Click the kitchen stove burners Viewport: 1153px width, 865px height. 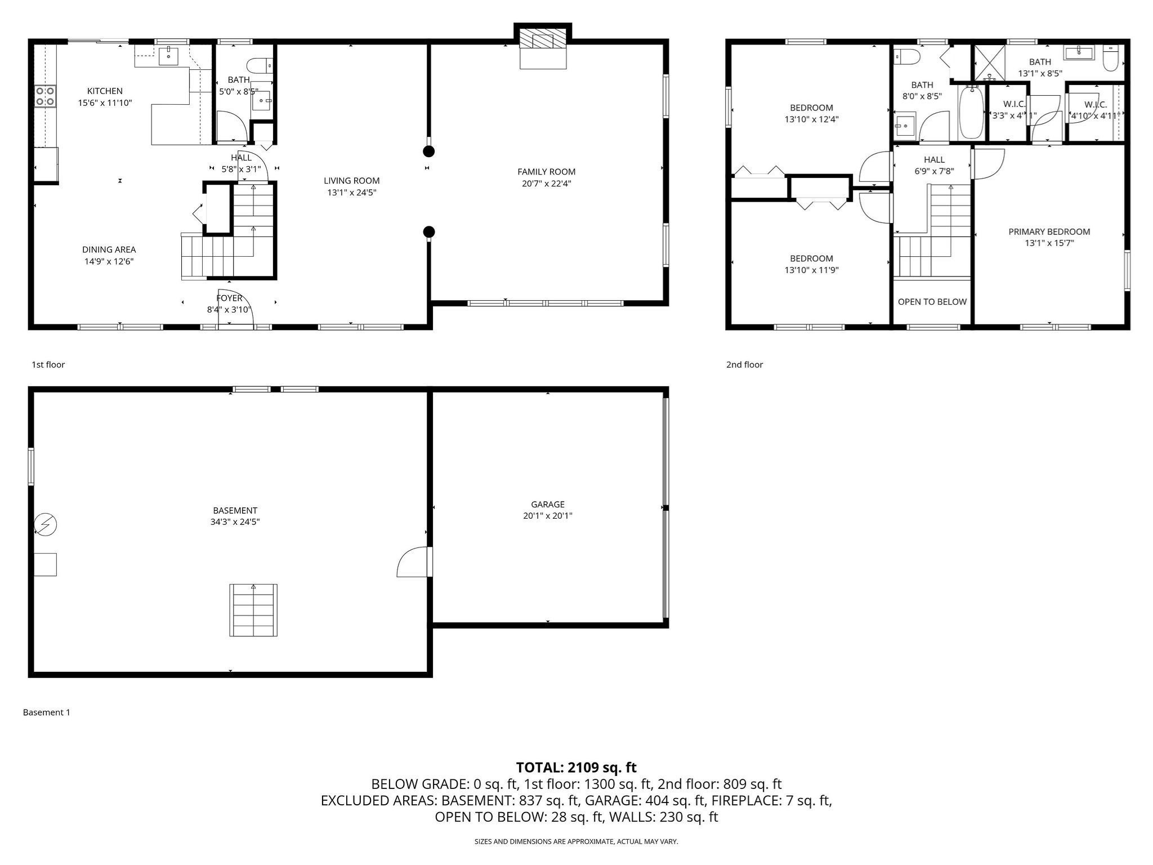[45, 96]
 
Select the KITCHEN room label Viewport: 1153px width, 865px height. [105, 91]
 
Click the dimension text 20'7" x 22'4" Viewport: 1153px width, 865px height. [546, 184]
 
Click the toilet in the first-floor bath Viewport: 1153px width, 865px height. [260, 65]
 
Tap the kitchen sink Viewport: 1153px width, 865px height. [168, 56]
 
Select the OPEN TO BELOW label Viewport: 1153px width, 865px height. [932, 302]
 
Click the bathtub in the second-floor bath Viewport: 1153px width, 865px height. [971, 112]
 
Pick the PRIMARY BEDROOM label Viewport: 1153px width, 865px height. [1049, 231]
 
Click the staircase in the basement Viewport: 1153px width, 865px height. [253, 610]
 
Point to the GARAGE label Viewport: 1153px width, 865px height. [547, 505]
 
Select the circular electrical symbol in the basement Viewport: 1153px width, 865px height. [46, 525]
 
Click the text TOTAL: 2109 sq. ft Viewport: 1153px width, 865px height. [576, 767]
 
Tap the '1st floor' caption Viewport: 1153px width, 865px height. [48, 364]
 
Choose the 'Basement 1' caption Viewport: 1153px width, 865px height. [47, 712]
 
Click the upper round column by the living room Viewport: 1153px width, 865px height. [429, 151]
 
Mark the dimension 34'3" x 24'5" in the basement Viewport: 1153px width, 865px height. [235, 522]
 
